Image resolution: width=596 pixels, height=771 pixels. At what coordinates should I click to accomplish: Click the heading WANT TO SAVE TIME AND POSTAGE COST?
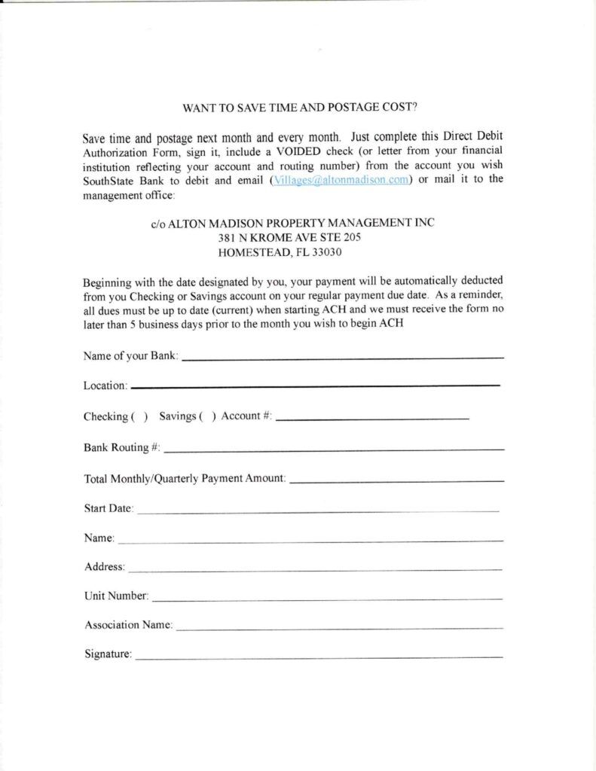[299, 107]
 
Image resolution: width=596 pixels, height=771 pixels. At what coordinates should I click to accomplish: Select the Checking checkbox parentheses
[139, 416]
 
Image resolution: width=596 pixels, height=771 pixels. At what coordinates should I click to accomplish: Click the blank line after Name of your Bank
[343, 357]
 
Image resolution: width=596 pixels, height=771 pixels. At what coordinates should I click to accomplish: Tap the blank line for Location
[315, 386]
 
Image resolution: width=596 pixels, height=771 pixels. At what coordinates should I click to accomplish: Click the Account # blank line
[373, 418]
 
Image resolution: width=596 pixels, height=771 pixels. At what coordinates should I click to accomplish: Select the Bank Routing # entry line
[334, 449]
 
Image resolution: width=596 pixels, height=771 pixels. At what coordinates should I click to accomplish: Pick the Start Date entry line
[317, 511]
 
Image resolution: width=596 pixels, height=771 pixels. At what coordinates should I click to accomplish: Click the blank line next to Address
[315, 570]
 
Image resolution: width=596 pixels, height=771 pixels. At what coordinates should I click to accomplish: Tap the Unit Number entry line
[327, 599]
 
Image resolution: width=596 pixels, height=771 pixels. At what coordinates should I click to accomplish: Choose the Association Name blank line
[339, 627]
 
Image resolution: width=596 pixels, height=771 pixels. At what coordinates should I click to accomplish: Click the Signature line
[319, 657]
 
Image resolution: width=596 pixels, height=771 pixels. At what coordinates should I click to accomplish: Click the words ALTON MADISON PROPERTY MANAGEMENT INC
[301, 223]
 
